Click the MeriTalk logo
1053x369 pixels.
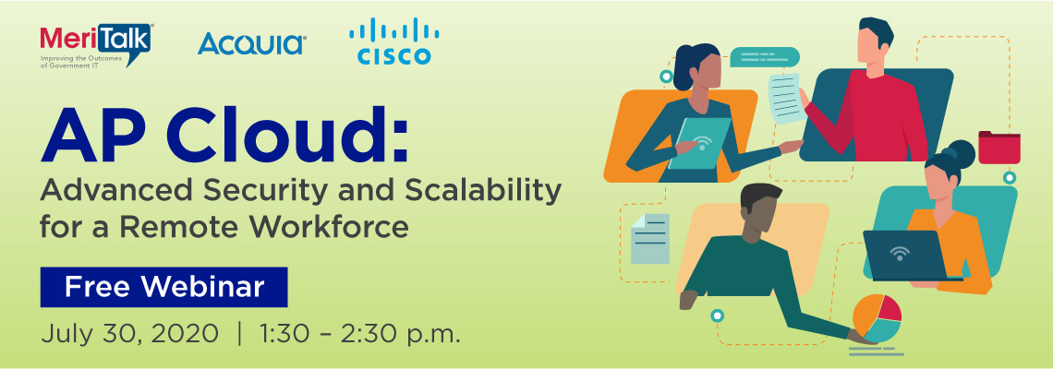[x=96, y=45]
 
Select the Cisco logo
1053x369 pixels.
[x=394, y=42]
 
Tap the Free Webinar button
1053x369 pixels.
[x=163, y=287]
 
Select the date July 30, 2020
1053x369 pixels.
[x=129, y=333]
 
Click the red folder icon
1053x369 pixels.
[x=999, y=147]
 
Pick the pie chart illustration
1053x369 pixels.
[x=877, y=318]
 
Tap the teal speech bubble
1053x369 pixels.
[x=765, y=58]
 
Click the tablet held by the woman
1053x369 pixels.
[x=700, y=143]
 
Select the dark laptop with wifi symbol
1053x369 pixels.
[x=905, y=255]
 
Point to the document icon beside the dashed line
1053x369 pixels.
[x=650, y=238]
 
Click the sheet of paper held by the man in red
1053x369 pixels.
[x=787, y=98]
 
